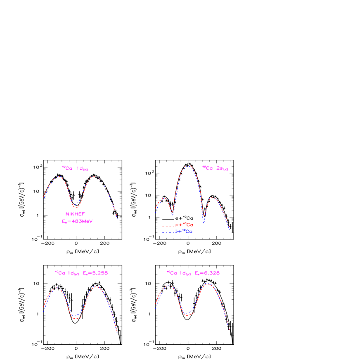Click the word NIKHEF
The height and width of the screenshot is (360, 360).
pos(75,214)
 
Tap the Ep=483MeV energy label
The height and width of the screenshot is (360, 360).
pos(77,221)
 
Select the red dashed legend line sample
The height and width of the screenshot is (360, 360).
pos(168,226)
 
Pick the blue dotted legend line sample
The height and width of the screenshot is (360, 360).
pos(168,232)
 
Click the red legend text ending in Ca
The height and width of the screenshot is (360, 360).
pos(184,225)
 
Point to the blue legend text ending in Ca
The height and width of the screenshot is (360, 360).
pos(184,232)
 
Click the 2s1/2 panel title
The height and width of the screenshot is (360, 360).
pos(215,168)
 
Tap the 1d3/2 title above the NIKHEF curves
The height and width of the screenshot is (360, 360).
pos(75,168)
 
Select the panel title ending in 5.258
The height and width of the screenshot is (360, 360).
pos(81,273)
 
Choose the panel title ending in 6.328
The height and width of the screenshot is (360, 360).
pos(193,273)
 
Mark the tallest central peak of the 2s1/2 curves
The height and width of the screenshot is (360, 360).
pos(188,166)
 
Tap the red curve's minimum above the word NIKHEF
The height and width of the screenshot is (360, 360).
pos(76,207)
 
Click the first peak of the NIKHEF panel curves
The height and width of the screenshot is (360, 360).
pos(59,177)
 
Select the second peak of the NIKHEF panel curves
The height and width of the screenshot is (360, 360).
pos(95,176)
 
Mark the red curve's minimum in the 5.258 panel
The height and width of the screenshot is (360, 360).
pos(76,318)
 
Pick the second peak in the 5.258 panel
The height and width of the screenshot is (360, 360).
pos(96,287)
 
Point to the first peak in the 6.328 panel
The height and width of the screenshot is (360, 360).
pos(168,285)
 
